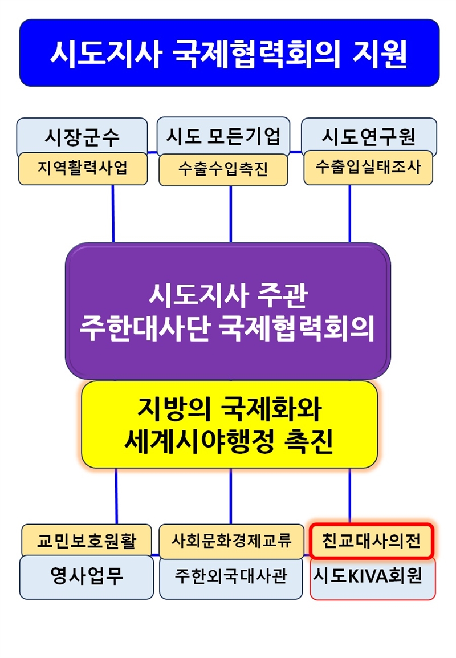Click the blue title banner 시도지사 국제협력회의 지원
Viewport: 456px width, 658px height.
coord(230,52)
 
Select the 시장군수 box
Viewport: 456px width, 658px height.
coord(82,136)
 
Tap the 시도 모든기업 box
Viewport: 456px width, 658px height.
coord(223,135)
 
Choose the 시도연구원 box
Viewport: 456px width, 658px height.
coord(369,135)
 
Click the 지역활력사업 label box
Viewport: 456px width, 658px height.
coord(83,169)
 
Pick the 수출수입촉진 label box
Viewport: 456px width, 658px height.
coord(223,169)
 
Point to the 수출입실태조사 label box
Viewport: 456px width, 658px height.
coord(368,168)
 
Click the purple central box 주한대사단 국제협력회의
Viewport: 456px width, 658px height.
coord(228,311)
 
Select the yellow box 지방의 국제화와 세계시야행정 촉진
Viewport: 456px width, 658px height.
coord(230,424)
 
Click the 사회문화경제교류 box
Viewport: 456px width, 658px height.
coord(231,541)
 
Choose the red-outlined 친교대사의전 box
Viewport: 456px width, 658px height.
coord(371,541)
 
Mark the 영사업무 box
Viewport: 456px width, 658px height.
coord(87,576)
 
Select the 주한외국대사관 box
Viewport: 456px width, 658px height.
coord(231,578)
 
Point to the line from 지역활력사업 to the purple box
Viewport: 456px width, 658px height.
coord(113,214)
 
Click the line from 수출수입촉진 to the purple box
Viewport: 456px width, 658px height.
coord(231,214)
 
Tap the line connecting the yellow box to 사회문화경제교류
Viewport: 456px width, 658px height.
coord(231,496)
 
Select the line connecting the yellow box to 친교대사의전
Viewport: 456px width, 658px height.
coord(349,495)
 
